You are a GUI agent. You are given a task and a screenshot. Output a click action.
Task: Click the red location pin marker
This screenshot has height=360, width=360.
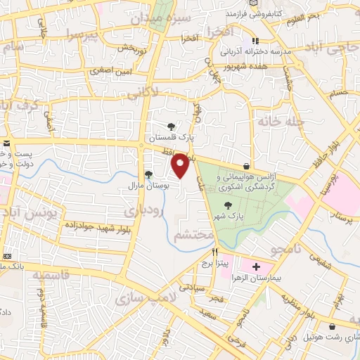coord(181,165)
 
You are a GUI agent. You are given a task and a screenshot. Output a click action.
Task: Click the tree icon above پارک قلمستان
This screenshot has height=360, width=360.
coord(171,126)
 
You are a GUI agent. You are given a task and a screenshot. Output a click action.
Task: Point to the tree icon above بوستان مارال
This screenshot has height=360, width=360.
coord(148,175)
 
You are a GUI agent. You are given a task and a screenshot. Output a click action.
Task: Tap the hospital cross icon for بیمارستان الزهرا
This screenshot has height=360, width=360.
coord(257,267)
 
